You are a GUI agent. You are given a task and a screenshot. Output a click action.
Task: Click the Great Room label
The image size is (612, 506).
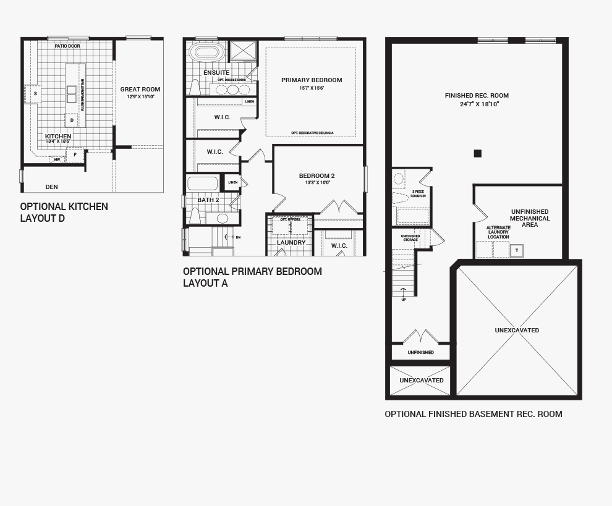140,90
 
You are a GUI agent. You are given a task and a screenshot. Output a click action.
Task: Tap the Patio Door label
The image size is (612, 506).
67,46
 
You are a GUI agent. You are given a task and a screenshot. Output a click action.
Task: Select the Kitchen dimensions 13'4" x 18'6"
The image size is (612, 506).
58,142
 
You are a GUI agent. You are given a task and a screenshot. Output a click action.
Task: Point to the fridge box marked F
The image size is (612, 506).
75,154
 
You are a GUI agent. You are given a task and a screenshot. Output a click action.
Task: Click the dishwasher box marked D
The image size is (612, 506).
72,120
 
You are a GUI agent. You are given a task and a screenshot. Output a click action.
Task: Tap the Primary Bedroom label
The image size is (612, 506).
311,80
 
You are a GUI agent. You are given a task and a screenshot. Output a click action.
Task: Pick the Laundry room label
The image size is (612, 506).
291,243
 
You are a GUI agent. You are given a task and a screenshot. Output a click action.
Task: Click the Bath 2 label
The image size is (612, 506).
208,200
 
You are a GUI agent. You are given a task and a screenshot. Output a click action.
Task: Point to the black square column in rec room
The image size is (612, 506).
477,153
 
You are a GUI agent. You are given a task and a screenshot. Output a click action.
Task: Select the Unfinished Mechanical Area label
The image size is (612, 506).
530,219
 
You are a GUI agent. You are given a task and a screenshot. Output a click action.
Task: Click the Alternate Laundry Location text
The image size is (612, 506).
498,232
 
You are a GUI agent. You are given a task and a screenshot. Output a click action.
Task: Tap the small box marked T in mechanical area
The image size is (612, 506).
516,250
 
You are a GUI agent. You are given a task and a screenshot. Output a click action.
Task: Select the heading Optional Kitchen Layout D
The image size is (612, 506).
64,213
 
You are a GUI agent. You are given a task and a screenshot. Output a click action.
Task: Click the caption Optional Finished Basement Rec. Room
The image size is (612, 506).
473,414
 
